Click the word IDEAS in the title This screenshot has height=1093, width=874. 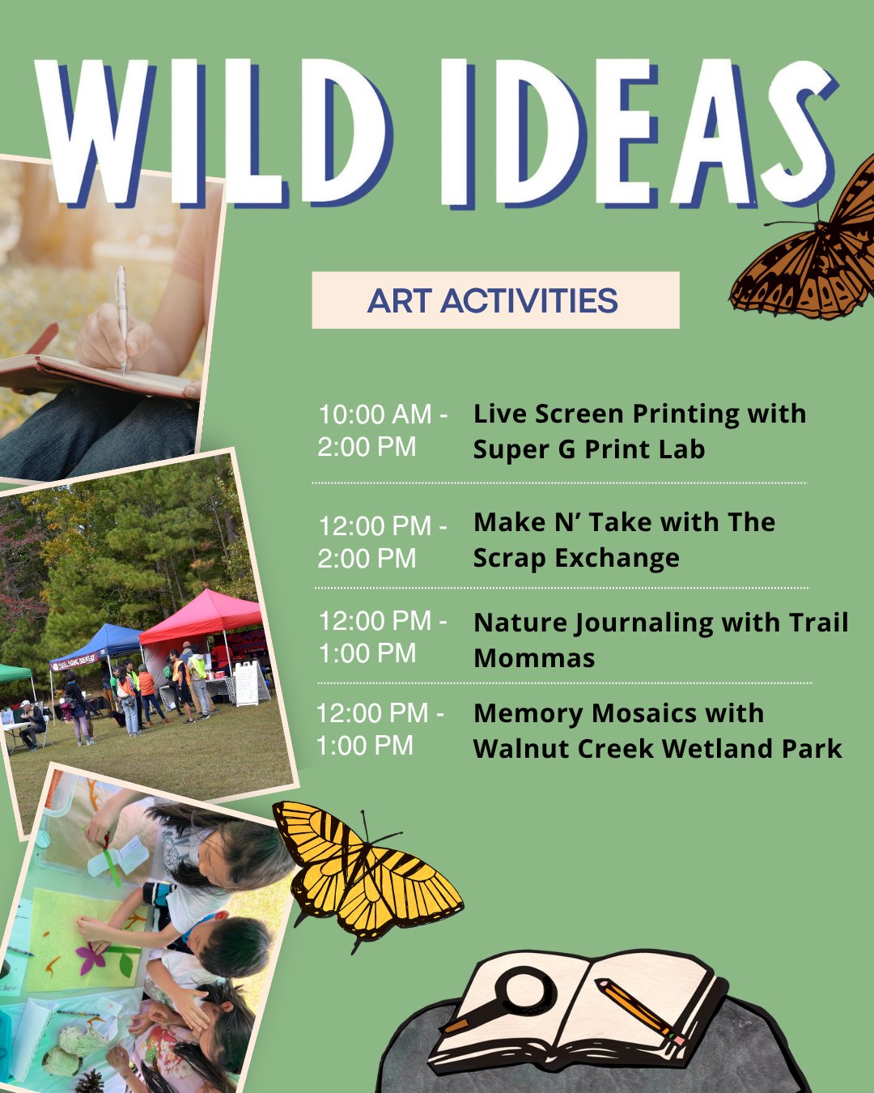pyautogui.click(x=639, y=133)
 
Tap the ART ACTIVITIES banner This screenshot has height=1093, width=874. pyautogui.click(x=495, y=300)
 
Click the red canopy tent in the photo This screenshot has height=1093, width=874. pyautogui.click(x=203, y=618)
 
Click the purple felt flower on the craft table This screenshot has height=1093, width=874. pyautogui.click(x=91, y=957)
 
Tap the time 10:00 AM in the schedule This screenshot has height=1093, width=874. pyautogui.click(x=375, y=414)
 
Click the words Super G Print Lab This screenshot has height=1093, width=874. pyautogui.click(x=589, y=449)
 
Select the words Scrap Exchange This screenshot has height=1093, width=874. pyautogui.click(x=576, y=558)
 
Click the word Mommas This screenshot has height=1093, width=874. pyautogui.click(x=534, y=658)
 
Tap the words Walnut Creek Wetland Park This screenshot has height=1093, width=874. pyautogui.click(x=658, y=748)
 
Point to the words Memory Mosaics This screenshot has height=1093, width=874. pyautogui.click(x=583, y=713)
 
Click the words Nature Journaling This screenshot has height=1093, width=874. pyautogui.click(x=593, y=623)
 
